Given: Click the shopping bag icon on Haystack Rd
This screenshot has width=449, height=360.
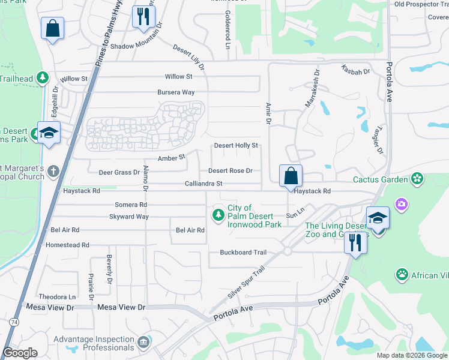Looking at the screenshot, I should pyautogui.click(x=291, y=177).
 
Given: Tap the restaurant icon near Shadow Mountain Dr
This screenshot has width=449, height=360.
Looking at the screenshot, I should pyautogui.click(x=142, y=17).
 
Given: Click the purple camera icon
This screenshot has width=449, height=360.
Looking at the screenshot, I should pyautogui.click(x=401, y=205).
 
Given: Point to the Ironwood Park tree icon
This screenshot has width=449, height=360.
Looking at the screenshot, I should pyautogui.click(x=220, y=215).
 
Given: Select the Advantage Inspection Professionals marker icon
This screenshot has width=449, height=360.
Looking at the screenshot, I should pyautogui.click(x=143, y=343).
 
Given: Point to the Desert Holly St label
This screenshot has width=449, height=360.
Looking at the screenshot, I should pyautogui.click(x=236, y=145).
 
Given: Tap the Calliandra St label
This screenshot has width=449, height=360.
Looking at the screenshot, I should pyautogui.click(x=203, y=184).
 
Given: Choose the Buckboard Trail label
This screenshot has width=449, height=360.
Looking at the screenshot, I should pyautogui.click(x=243, y=253).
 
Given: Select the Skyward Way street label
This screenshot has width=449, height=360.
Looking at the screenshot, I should pyautogui.click(x=129, y=217).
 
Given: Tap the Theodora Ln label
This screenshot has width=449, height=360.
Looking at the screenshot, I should pyautogui.click(x=58, y=297).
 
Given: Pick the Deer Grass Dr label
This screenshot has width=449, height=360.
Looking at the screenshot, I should pyautogui.click(x=119, y=172).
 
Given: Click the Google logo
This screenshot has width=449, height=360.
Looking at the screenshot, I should pyautogui.click(x=20, y=353).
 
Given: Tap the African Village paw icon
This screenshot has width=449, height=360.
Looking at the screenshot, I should pyautogui.click(x=402, y=275).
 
